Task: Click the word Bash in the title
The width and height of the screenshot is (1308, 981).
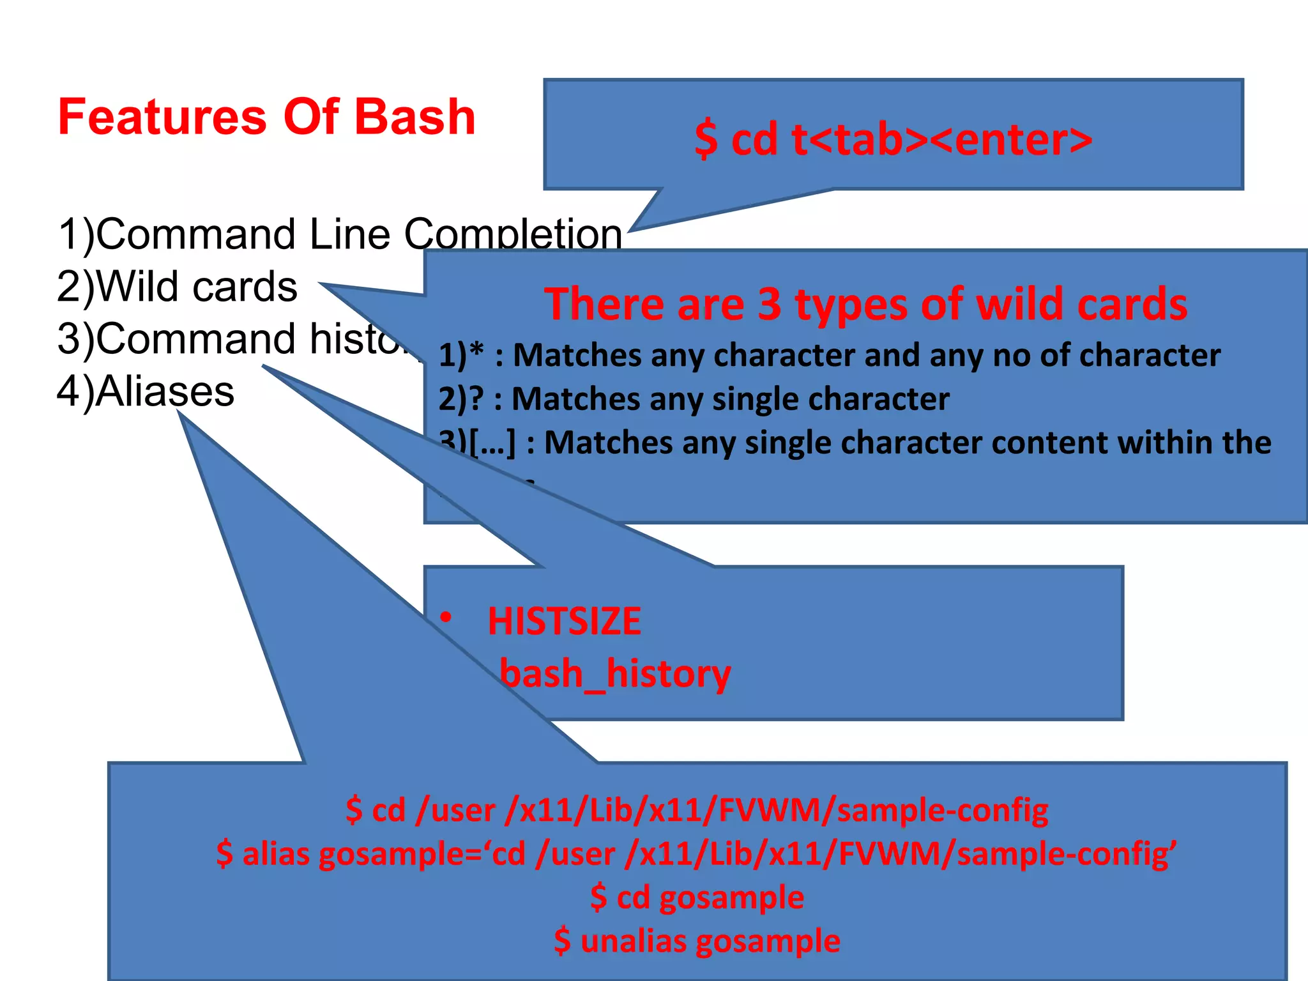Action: point(414,117)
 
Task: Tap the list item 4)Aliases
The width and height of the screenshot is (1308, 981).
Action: point(146,391)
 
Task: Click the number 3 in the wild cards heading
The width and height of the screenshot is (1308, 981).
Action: point(769,304)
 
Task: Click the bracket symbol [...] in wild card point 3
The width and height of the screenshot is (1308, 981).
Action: point(492,442)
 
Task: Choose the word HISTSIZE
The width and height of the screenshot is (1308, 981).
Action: point(564,621)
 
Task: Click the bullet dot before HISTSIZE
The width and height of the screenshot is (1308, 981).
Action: point(446,618)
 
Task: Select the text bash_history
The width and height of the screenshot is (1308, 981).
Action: point(615,674)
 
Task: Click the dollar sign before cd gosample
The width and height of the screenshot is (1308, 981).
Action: point(598,897)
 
